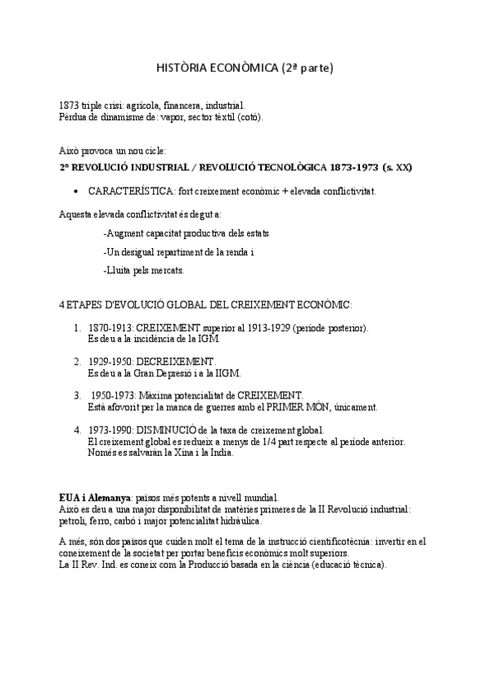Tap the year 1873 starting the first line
pyautogui.click(x=70, y=106)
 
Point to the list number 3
pyautogui.click(x=77, y=394)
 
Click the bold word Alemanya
pyautogui.click(x=110, y=498)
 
